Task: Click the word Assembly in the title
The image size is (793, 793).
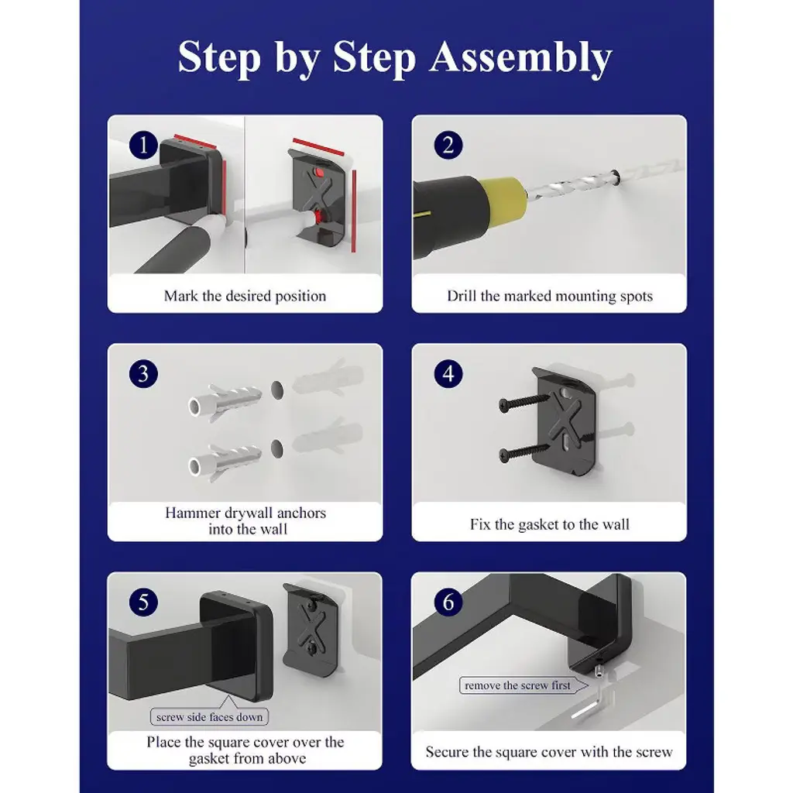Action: [521, 57]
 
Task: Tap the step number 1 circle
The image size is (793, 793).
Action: [143, 145]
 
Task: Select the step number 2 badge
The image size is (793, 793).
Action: [448, 145]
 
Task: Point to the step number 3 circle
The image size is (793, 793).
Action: [143, 374]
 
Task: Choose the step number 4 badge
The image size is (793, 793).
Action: [448, 374]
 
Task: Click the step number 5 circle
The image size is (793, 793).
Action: [143, 602]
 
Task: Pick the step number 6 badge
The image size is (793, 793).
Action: [448, 602]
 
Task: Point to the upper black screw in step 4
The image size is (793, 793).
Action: [524, 401]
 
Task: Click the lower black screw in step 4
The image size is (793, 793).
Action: [524, 452]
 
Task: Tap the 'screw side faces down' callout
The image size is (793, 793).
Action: [209, 716]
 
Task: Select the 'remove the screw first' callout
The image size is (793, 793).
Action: [523, 685]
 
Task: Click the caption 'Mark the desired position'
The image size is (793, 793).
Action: [245, 296]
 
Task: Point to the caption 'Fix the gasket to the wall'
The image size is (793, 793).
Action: [550, 524]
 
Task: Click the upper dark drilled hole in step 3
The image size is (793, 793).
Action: [276, 390]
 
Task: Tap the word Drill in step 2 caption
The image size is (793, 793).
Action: [462, 296]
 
